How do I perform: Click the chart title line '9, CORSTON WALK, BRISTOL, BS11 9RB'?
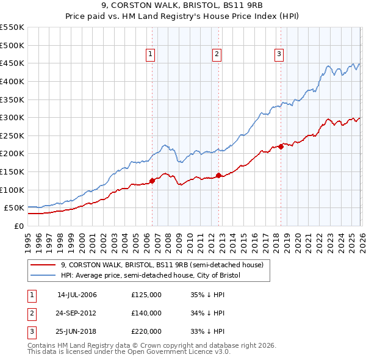point(183,7)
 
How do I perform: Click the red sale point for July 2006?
point(152,181)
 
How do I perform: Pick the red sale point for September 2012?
point(218,175)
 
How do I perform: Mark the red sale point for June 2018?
point(281,146)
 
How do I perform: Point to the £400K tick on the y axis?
point(12,81)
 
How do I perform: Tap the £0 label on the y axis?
point(18,226)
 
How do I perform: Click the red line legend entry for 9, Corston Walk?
point(162,265)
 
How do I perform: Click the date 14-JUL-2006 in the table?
point(77,295)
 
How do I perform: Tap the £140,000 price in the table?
point(146,313)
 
